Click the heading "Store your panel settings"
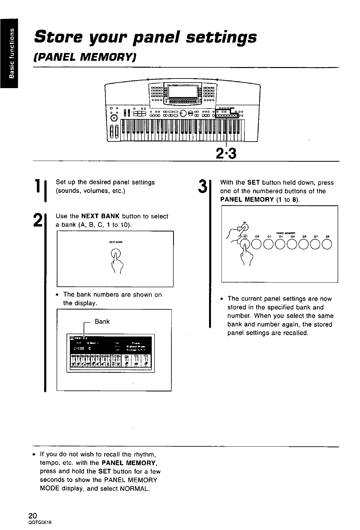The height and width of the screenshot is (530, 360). tap(145, 37)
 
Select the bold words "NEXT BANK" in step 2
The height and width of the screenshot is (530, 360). tap(99, 216)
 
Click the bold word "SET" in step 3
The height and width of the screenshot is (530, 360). tap(253, 183)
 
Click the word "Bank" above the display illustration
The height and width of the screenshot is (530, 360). tap(102, 322)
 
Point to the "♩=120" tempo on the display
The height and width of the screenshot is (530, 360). tap(79, 348)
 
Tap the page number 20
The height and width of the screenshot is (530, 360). tap(33, 516)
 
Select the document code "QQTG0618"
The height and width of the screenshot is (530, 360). tap(40, 523)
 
